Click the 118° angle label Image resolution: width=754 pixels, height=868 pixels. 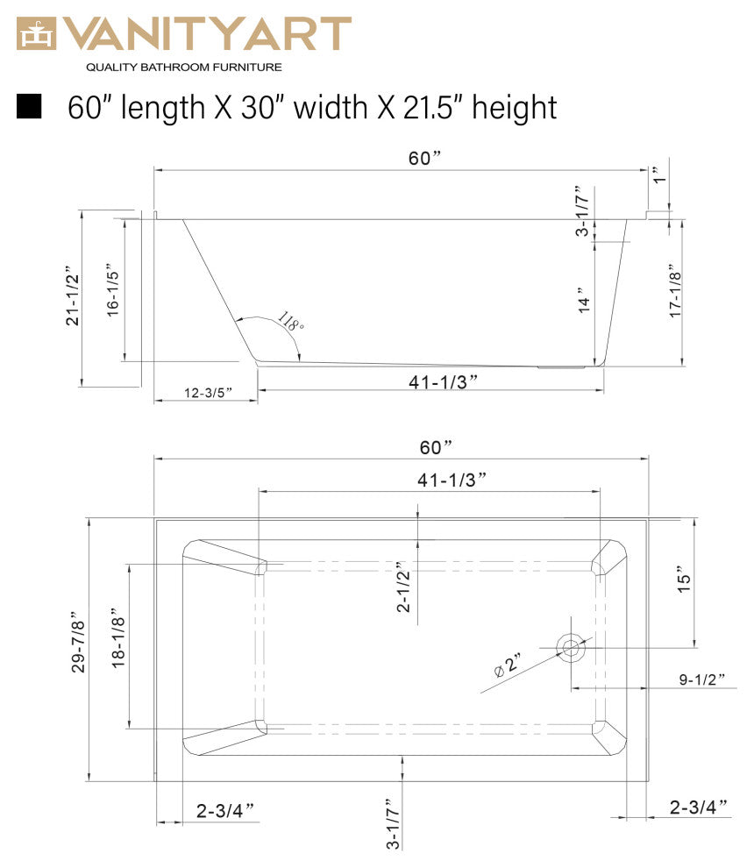(x=290, y=321)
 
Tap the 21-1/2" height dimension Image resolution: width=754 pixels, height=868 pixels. (x=73, y=300)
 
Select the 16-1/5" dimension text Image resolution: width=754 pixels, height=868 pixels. (x=113, y=289)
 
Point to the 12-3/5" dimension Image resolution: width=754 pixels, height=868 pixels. (x=208, y=393)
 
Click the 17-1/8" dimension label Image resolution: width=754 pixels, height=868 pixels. (x=675, y=290)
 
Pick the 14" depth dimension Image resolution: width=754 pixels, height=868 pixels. (x=585, y=300)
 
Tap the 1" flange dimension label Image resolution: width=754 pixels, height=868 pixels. (x=658, y=175)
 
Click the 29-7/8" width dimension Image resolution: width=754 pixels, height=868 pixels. (x=78, y=642)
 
